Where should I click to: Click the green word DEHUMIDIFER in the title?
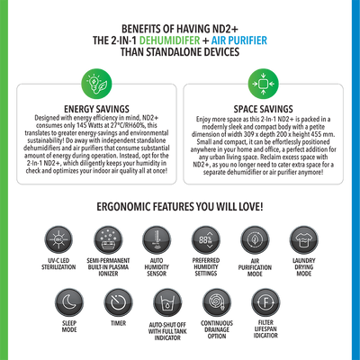pyautogui.click(x=169, y=40)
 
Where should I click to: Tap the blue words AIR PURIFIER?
pyautogui.click(x=239, y=40)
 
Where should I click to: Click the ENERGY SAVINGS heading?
pyautogui.click(x=96, y=109)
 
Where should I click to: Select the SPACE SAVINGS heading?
pyautogui.click(x=264, y=109)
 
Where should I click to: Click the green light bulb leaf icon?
pyautogui.click(x=96, y=84)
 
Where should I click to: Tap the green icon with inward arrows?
pyautogui.click(x=263, y=84)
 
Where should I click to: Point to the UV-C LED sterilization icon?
pyautogui.click(x=58, y=240)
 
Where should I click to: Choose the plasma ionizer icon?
pyautogui.click(x=108, y=240)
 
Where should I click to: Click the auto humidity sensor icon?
pyautogui.click(x=157, y=240)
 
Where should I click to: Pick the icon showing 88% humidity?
pyautogui.click(x=206, y=240)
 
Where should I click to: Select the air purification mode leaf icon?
pyautogui.click(x=255, y=240)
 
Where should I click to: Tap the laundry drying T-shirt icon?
pyautogui.click(x=304, y=240)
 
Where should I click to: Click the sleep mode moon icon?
pyautogui.click(x=69, y=302)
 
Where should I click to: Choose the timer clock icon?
pyautogui.click(x=118, y=302)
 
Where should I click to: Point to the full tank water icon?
pyautogui.click(x=167, y=302)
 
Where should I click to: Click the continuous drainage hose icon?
pyautogui.click(x=217, y=302)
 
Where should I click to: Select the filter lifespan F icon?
pyautogui.click(x=265, y=302)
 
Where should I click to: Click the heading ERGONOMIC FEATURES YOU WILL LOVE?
pyautogui.click(x=180, y=207)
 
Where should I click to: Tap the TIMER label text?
pyautogui.click(x=118, y=323)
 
